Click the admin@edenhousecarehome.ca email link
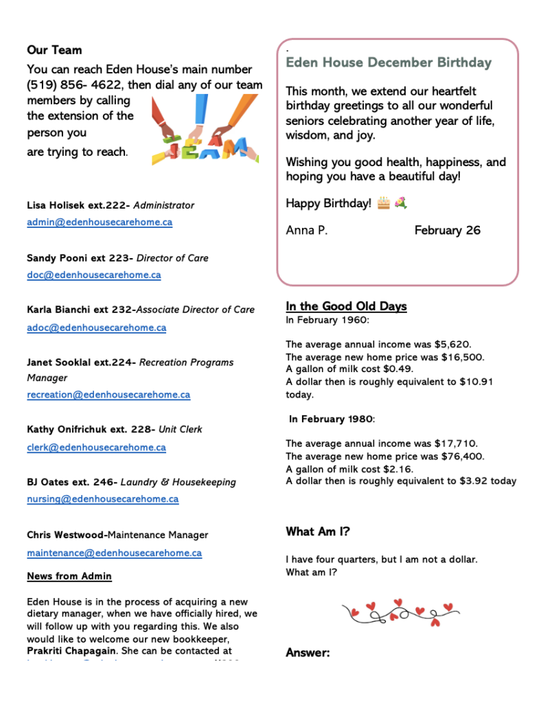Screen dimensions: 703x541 pos(100,222)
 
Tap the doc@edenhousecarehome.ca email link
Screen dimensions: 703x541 pos(94,275)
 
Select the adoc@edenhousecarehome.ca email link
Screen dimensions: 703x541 pos(96,328)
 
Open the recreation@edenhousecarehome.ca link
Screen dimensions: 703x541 pos(108,395)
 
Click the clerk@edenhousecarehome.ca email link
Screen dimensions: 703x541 pos(96,448)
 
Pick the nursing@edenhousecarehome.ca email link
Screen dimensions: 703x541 pos(103,500)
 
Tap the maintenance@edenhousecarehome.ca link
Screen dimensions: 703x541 pos(114,553)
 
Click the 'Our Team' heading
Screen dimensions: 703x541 pos(54,50)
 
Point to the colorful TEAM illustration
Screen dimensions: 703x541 pos(204,128)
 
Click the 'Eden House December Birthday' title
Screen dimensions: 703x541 pos(389,62)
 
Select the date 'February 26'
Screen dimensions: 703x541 pos(447,231)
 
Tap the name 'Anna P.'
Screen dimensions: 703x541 pos(306,231)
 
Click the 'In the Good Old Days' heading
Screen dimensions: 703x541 pos(346,306)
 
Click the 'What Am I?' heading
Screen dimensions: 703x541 pos(318,531)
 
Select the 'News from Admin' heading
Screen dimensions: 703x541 pos(69,576)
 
